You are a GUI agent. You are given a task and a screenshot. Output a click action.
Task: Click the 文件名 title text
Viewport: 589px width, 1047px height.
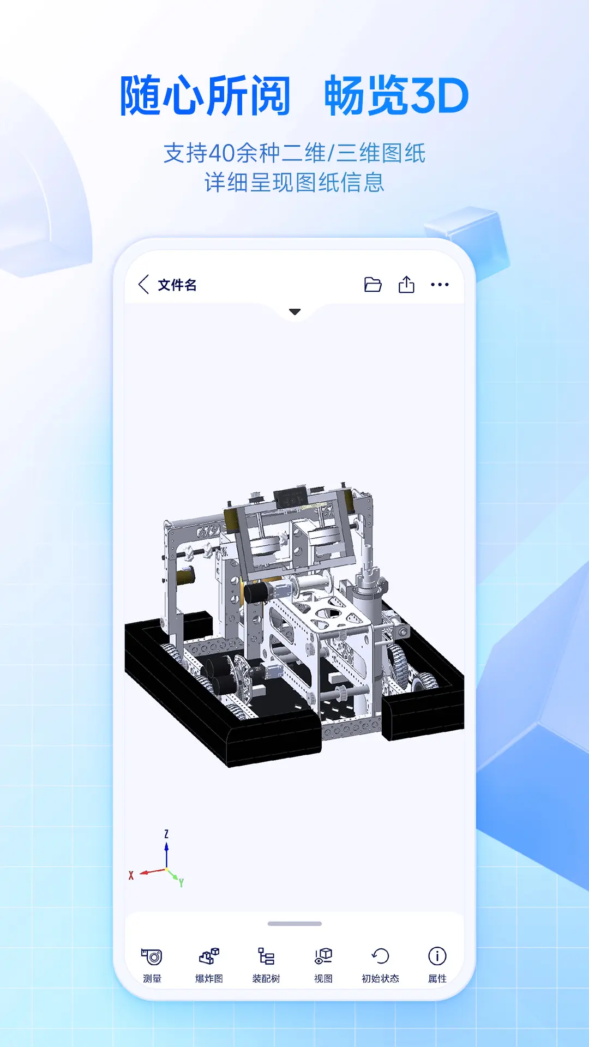[x=177, y=285]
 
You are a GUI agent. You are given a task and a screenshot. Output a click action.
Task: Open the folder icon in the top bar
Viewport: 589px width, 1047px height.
[x=372, y=285]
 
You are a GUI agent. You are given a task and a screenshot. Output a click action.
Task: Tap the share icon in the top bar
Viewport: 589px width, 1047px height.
[x=406, y=285]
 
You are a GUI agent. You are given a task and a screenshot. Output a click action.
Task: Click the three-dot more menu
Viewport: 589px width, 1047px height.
[x=440, y=285]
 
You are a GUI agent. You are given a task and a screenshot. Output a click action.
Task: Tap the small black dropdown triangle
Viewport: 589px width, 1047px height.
[x=295, y=312]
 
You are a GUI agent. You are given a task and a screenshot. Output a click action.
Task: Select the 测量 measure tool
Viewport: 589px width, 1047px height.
[x=152, y=964]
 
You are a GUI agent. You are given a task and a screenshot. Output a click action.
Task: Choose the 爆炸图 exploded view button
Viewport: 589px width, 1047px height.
[x=209, y=964]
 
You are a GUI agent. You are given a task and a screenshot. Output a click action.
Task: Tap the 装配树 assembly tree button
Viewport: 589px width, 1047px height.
[x=266, y=964]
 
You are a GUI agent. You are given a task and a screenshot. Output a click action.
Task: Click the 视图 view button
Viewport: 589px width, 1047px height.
[x=323, y=964]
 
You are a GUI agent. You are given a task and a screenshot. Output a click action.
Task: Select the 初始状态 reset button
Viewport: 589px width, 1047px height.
[x=380, y=964]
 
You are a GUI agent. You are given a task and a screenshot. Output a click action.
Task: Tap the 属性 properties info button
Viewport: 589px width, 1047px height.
[x=437, y=964]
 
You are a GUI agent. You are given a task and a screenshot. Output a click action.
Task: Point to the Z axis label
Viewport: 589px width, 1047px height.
[x=166, y=834]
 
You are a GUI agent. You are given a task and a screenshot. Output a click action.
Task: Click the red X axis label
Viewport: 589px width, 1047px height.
[x=131, y=875]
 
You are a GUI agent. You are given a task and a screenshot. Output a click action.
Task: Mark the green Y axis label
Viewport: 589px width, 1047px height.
[x=181, y=882]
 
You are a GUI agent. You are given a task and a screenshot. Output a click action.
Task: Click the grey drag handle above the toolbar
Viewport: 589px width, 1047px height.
[x=294, y=924]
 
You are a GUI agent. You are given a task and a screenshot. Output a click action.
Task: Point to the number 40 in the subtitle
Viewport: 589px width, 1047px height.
[x=221, y=153]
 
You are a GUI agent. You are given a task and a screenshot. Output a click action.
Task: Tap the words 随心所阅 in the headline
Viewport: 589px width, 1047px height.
[x=205, y=97]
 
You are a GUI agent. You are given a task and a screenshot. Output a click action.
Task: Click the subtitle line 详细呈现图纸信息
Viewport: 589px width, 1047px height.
[x=294, y=183]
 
